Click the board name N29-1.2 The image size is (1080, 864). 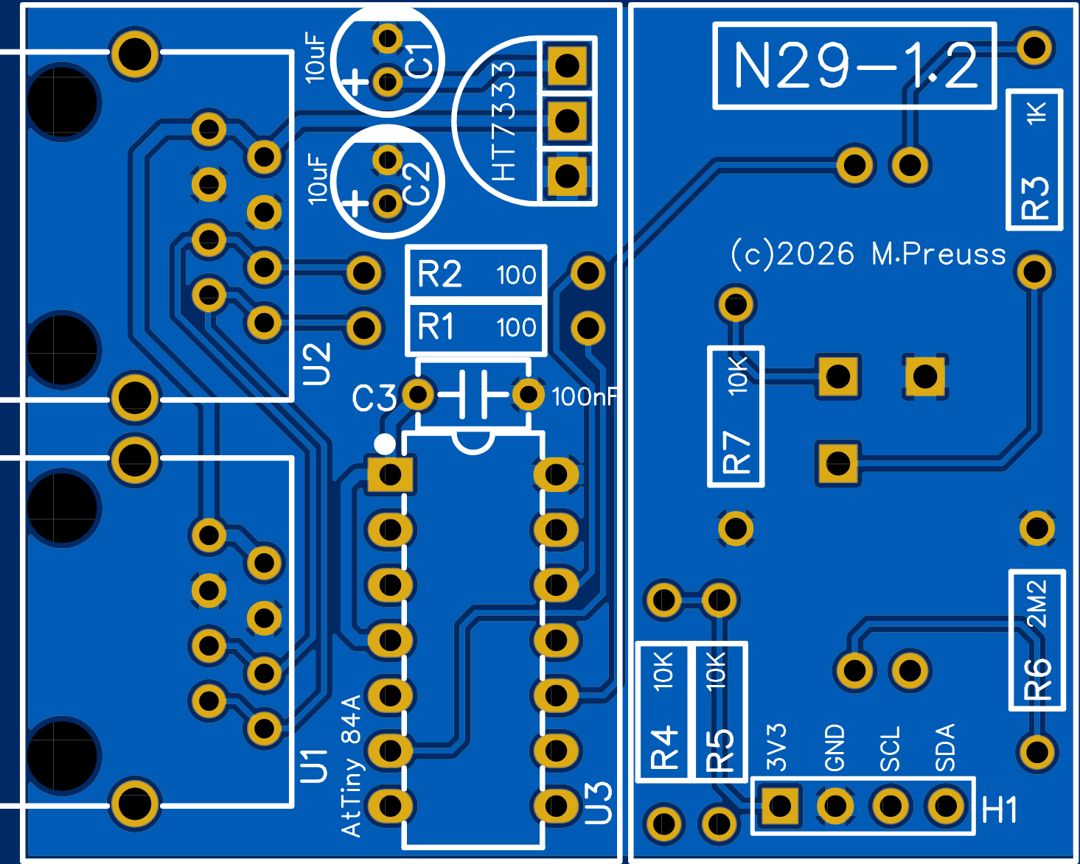(855, 66)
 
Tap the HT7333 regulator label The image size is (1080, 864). (504, 122)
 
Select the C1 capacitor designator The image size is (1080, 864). (421, 60)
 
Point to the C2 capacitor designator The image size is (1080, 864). (417, 182)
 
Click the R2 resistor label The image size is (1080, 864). (440, 275)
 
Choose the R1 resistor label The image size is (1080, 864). (436, 326)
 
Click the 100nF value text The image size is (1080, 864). (584, 397)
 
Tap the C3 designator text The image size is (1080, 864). (374, 398)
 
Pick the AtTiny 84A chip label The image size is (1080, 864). (352, 765)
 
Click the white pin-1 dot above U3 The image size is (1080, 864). (384, 443)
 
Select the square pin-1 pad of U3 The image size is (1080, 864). (390, 475)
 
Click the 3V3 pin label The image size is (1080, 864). (777, 747)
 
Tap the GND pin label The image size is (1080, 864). (835, 748)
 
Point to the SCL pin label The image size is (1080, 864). (891, 748)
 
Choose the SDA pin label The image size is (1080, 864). (945, 748)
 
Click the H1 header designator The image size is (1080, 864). (1000, 810)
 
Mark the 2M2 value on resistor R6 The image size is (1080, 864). (1037, 603)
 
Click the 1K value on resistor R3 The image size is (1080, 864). (1036, 113)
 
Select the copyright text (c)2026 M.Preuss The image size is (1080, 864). (868, 254)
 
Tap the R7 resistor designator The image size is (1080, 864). (736, 452)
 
